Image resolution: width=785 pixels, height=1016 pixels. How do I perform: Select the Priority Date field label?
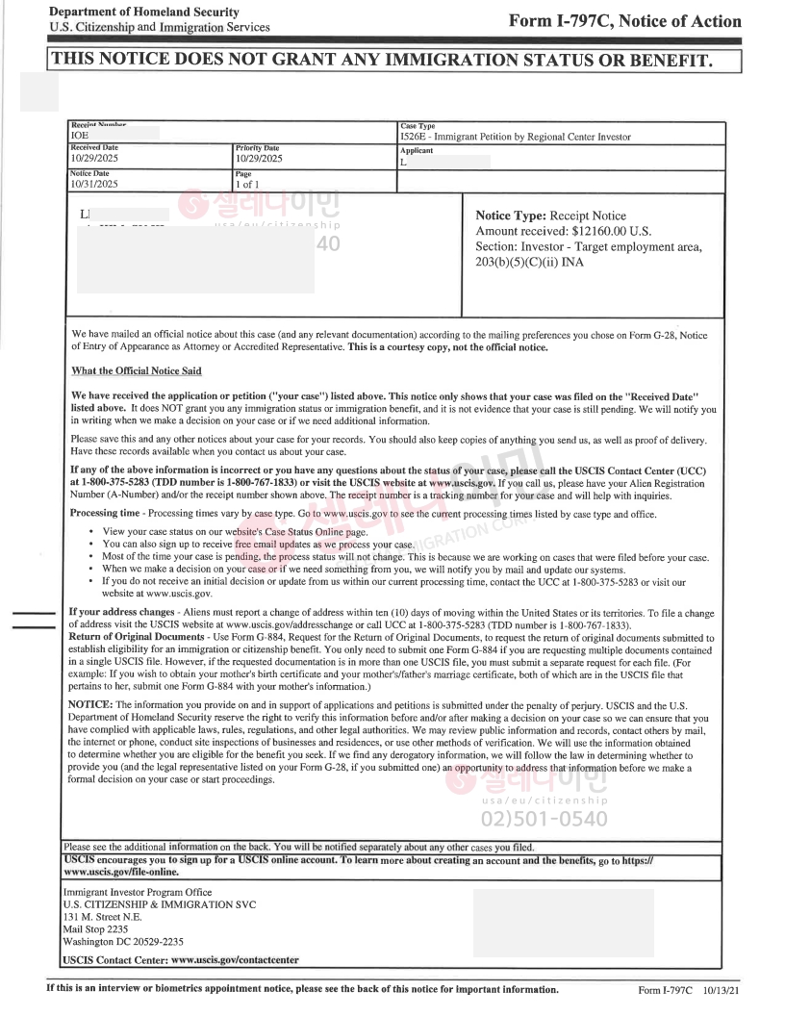point(257,148)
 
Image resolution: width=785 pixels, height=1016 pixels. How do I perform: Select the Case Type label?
point(418,126)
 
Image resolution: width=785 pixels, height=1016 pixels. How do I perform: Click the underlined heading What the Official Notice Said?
point(137,371)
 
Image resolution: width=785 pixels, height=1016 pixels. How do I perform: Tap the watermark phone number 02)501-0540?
point(544,820)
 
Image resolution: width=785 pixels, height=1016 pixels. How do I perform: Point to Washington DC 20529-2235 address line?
point(123,942)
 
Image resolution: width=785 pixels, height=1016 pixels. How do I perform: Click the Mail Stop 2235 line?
point(94,929)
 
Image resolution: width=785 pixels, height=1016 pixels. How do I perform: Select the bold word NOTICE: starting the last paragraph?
point(92,704)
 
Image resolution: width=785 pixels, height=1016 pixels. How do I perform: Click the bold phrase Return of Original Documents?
point(140,637)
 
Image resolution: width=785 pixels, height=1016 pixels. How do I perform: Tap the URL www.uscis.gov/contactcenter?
point(234,960)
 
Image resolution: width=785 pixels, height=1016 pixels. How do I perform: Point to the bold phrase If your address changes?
point(118,613)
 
